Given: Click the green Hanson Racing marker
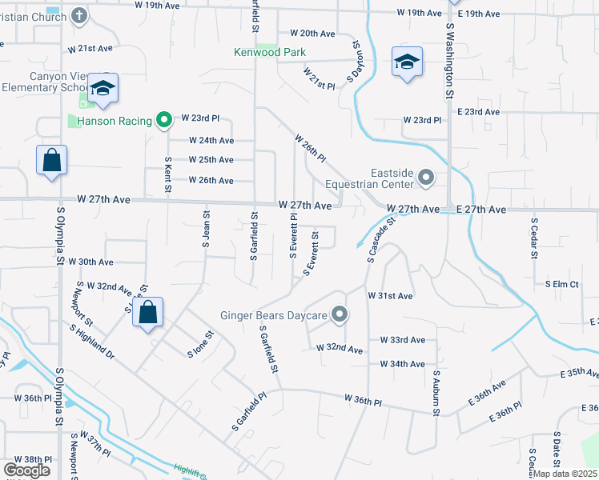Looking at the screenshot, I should pyautogui.click(x=164, y=121).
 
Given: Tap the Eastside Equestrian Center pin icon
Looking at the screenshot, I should pyautogui.click(x=426, y=178).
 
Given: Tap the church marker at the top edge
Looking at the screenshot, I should pyautogui.click(x=78, y=14).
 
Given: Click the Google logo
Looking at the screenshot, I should pyautogui.click(x=27, y=470).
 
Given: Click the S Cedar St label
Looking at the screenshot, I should pyautogui.click(x=533, y=237).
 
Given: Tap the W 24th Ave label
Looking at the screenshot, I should pyautogui.click(x=211, y=140).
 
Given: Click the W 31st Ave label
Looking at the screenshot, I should pyautogui.click(x=390, y=295).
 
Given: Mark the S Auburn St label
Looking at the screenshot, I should pyautogui.click(x=437, y=393).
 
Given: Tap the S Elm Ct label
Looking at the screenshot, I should pyautogui.click(x=561, y=284).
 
